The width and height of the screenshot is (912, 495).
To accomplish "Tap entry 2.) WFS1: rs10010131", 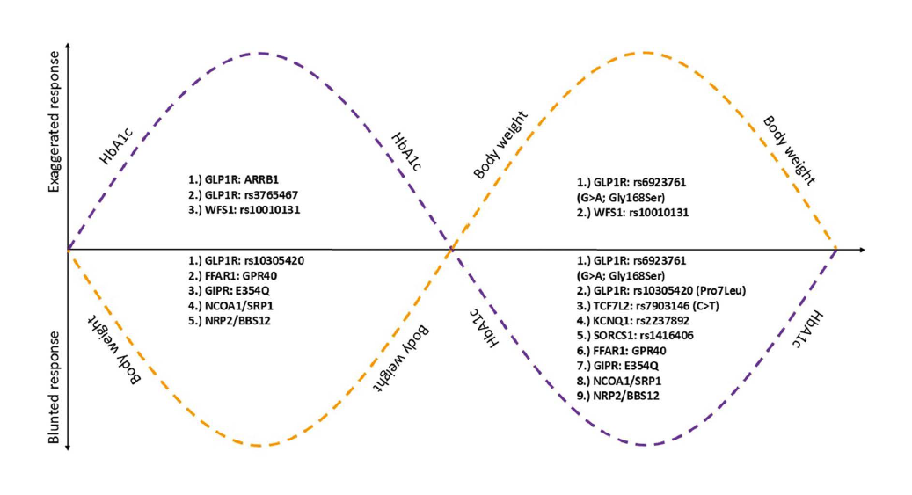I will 631,212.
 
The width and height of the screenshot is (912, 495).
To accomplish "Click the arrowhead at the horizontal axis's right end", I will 862,250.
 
